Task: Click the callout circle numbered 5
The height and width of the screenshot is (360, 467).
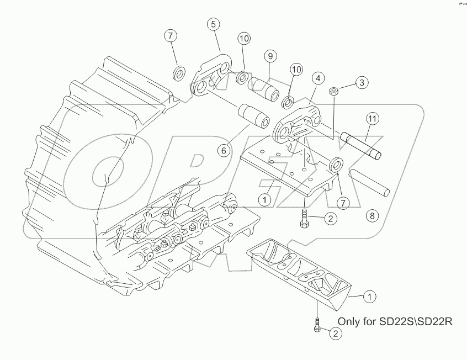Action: [x=214, y=24]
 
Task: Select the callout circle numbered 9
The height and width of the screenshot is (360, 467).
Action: [x=269, y=56]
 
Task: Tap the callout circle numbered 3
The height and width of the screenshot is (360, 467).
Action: [x=361, y=83]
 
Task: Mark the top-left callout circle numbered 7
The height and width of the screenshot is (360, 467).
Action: [x=171, y=36]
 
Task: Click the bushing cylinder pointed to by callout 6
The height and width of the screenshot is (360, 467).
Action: [x=253, y=115]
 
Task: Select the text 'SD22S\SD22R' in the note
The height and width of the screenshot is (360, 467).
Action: [x=416, y=321]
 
